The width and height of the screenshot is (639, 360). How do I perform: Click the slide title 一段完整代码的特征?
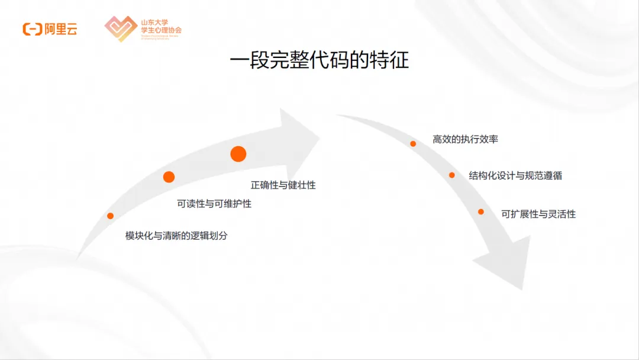pyautogui.click(x=319, y=61)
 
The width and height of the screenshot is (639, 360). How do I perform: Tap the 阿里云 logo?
pyautogui.click(x=50, y=29)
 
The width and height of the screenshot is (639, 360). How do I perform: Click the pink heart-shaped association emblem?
pyautogui.click(x=121, y=28)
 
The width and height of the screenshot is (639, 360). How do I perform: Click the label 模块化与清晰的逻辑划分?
pyautogui.click(x=176, y=235)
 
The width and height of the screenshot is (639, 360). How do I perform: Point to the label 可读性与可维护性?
pyautogui.click(x=214, y=204)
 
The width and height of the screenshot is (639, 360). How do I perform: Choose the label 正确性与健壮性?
pyautogui.click(x=283, y=185)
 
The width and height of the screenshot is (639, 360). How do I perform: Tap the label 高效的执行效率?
pyautogui.click(x=465, y=139)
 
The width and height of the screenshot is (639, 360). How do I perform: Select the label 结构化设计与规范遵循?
pyautogui.click(x=515, y=175)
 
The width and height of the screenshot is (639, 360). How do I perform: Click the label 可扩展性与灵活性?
pyautogui.click(x=538, y=214)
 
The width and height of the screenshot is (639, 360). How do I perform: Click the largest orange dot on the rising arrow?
pyautogui.click(x=238, y=154)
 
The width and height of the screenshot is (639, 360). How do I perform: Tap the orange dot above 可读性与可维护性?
pyautogui.click(x=169, y=176)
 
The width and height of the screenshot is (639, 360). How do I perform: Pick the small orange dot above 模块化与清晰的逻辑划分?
pyautogui.click(x=110, y=216)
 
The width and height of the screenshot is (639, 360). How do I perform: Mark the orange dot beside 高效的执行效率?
pyautogui.click(x=413, y=143)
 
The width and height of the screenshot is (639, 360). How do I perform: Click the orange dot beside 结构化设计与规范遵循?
pyautogui.click(x=451, y=175)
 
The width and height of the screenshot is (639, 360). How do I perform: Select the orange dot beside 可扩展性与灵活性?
pyautogui.click(x=481, y=211)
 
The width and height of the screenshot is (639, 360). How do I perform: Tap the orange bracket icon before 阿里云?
pyautogui.click(x=32, y=29)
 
